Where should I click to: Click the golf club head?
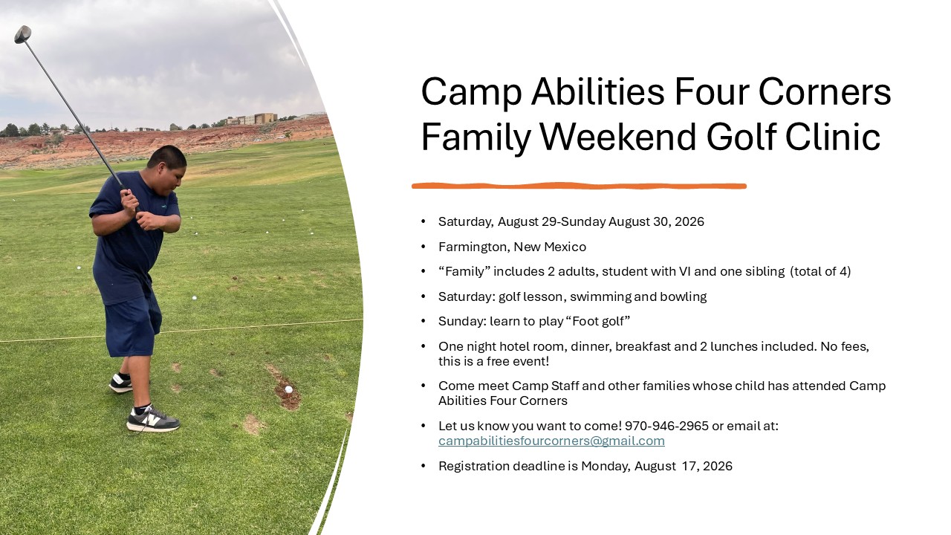(x=23, y=34)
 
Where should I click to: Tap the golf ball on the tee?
(x=289, y=389)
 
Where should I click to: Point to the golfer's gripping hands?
(x=135, y=210)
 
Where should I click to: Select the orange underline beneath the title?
(x=579, y=186)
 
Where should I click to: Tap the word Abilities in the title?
(x=598, y=91)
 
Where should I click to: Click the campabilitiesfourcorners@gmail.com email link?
(x=551, y=441)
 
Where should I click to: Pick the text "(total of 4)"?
(x=820, y=272)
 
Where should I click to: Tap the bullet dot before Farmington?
(x=423, y=247)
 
